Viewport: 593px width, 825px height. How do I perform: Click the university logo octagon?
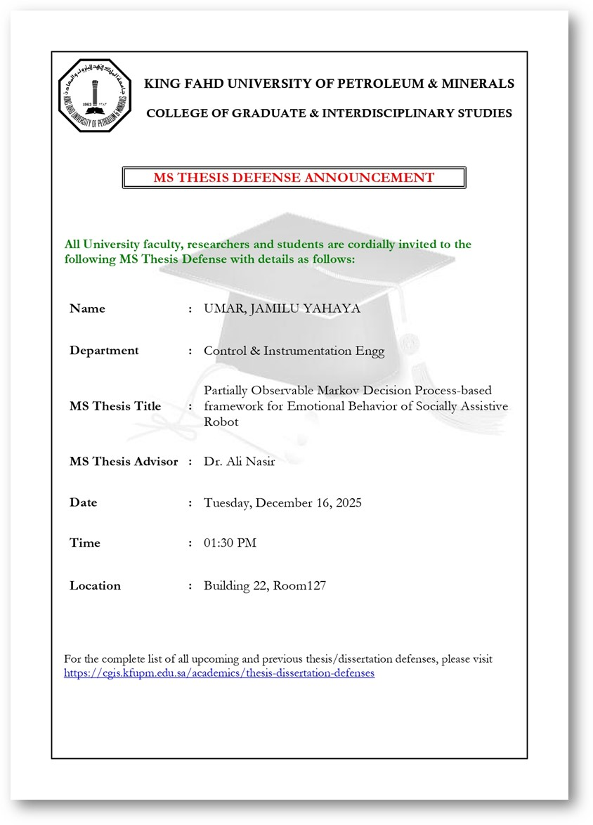95,96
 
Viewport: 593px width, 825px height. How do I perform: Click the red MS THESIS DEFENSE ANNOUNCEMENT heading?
294,178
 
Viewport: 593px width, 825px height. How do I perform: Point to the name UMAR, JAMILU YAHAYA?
282,308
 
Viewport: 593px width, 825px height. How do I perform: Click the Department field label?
104,351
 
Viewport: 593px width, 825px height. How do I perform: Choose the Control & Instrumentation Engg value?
294,351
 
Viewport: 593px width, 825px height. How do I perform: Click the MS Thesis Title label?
115,406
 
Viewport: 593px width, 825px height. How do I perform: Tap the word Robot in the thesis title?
221,422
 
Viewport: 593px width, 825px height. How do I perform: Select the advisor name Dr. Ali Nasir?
239,462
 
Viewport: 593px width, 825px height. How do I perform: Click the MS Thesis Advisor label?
124,462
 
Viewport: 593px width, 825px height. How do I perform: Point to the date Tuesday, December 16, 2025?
282,502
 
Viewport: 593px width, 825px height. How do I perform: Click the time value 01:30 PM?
230,543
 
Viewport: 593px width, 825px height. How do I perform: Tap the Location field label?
95,585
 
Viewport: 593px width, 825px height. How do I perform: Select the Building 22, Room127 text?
265,585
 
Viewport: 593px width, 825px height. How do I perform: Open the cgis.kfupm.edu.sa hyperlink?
219,673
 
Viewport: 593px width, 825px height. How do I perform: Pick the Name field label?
87,308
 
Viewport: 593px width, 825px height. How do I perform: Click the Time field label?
85,543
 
